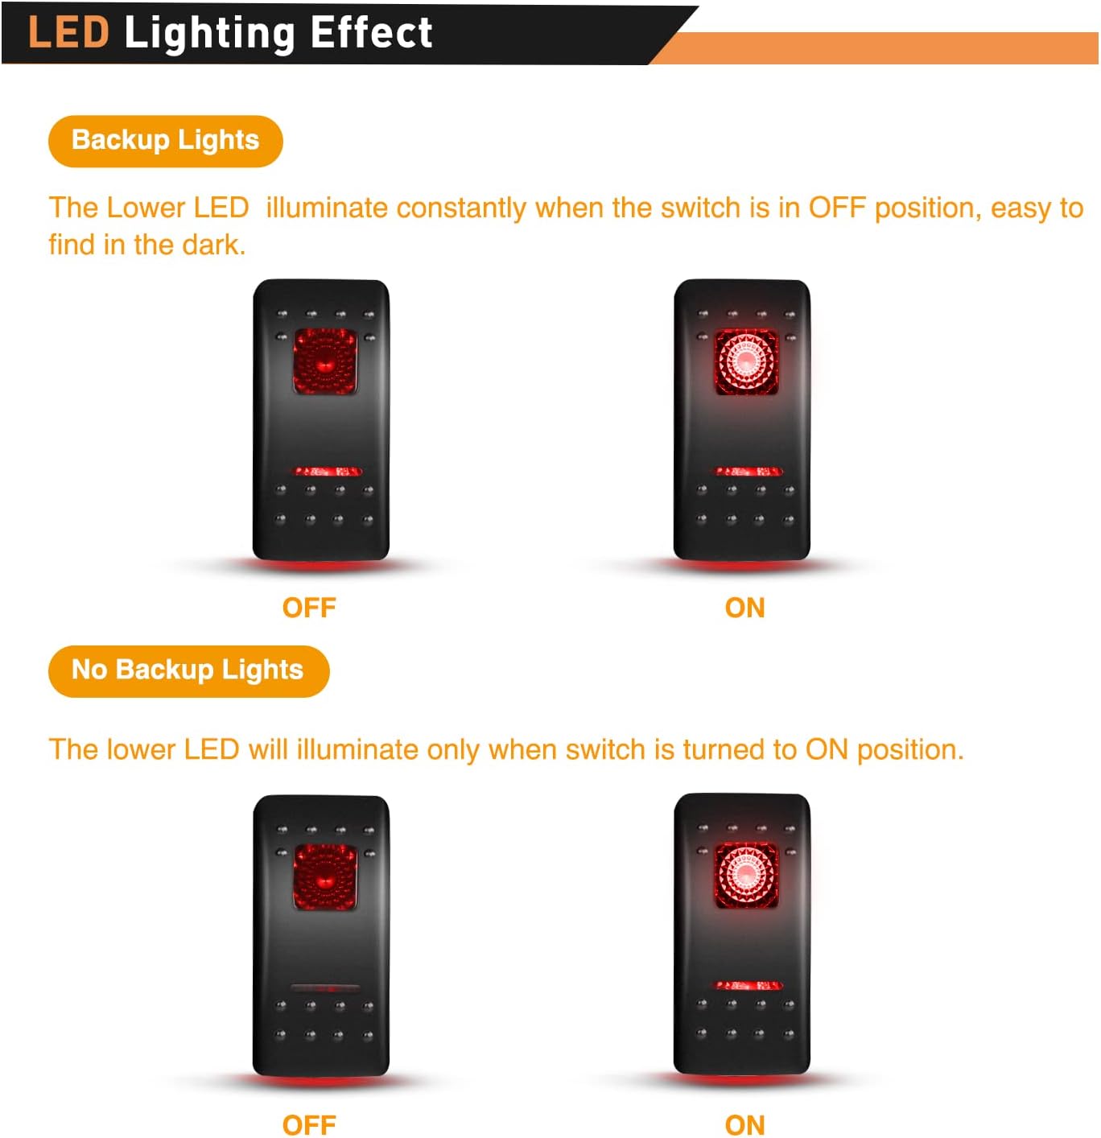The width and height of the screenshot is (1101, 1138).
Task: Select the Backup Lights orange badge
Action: click(x=165, y=141)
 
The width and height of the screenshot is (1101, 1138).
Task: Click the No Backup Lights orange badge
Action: click(x=188, y=670)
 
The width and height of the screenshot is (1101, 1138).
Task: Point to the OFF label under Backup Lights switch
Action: click(x=309, y=608)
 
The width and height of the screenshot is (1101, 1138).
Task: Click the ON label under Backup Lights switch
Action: click(x=744, y=608)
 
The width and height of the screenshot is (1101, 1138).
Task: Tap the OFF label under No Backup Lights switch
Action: click(x=309, y=1124)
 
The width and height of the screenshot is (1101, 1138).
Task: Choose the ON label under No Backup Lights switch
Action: click(x=744, y=1124)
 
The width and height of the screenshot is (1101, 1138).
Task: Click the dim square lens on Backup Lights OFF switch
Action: click(x=324, y=361)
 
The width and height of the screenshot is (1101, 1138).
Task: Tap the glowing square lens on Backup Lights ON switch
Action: click(x=746, y=361)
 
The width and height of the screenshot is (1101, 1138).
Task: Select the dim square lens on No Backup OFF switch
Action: click(x=324, y=877)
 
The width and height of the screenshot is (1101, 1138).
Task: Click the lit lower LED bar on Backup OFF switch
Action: click(x=327, y=471)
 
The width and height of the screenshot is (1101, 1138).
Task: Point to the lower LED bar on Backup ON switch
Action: click(x=748, y=471)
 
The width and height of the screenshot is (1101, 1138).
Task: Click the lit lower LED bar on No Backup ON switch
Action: click(x=748, y=985)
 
